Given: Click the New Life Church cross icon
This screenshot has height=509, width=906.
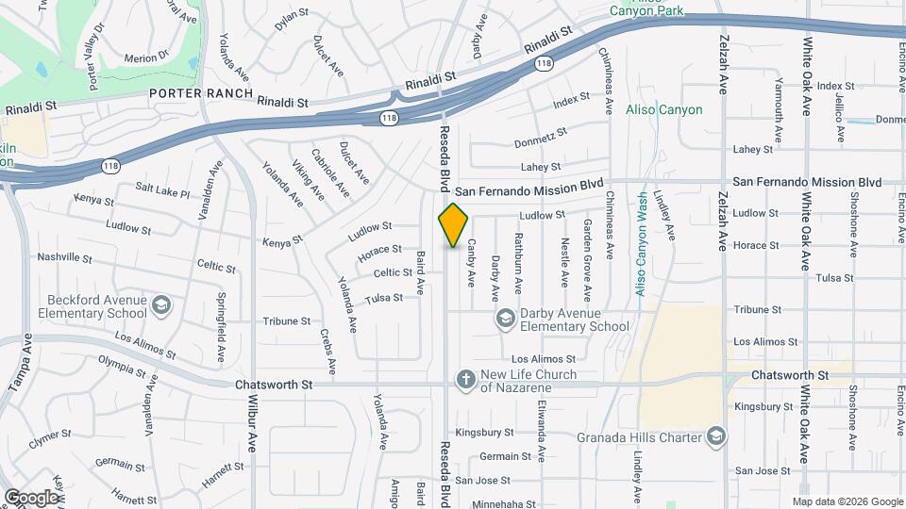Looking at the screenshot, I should coord(464,379).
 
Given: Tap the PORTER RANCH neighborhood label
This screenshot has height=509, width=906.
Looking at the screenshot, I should coord(200,93).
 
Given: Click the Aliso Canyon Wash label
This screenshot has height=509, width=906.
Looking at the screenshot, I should coord(642,245).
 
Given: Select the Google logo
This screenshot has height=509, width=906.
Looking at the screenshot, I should coord(31,497).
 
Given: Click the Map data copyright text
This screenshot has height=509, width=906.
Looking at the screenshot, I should coord(847,501).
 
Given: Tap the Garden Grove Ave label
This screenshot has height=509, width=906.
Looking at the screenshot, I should coord(587,253).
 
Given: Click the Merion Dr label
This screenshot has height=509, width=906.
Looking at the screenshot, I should coord(145,58).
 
